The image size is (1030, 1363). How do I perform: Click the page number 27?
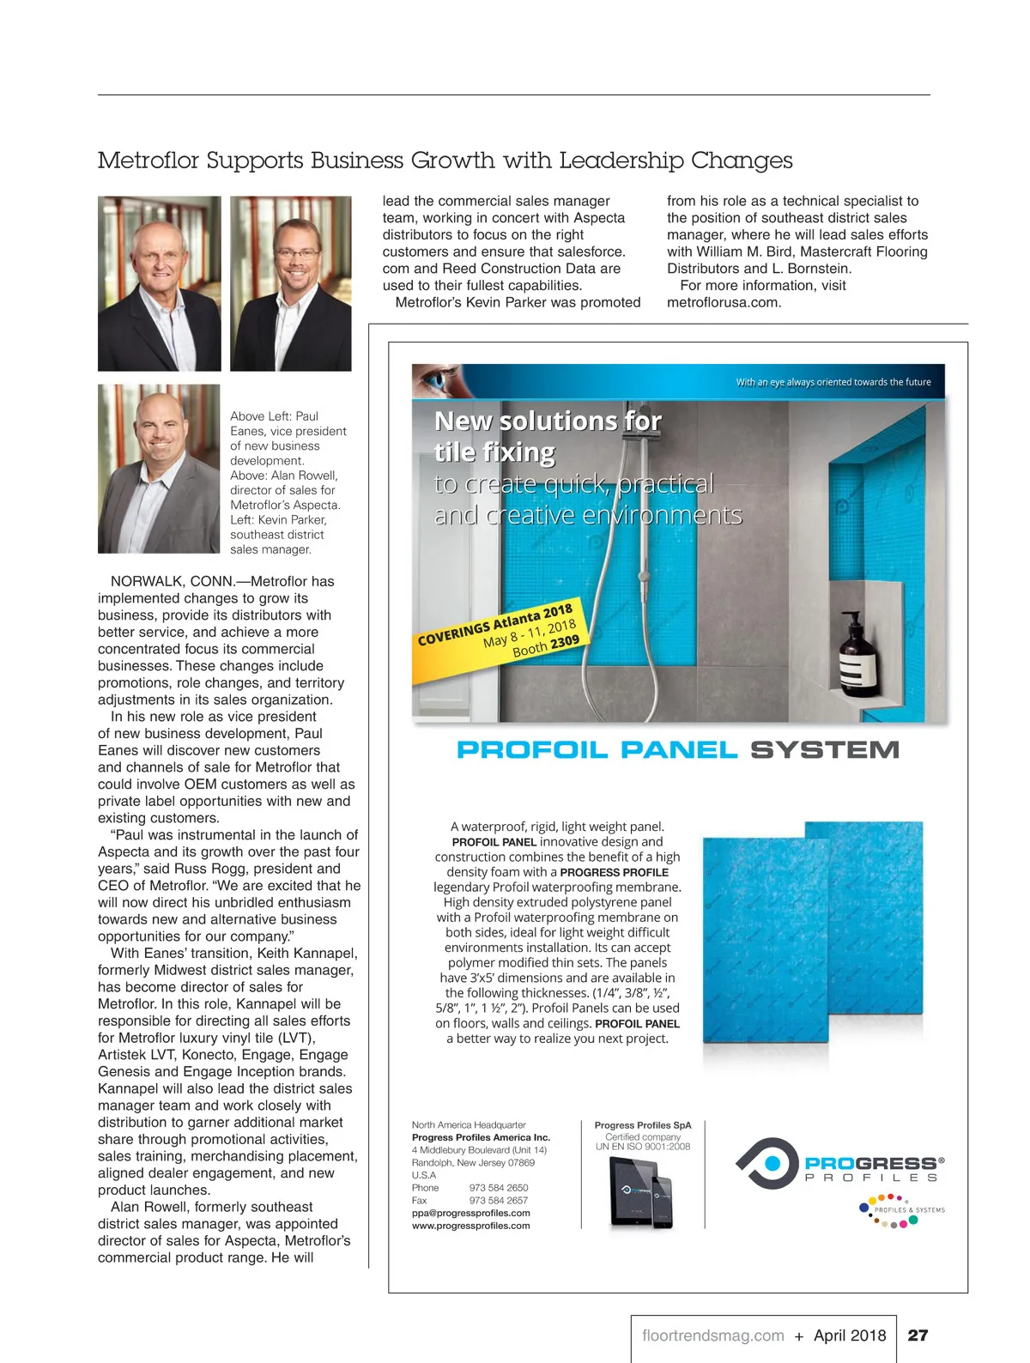tap(918, 1336)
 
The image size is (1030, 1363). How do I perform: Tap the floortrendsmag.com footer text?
tap(712, 1336)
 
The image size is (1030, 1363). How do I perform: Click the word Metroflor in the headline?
tap(148, 161)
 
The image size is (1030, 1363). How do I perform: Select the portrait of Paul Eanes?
tap(159, 283)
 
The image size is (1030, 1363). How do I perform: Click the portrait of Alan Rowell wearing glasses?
tap(291, 283)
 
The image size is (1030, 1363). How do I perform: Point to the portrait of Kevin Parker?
tap(159, 469)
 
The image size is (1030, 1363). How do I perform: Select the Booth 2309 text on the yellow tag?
tap(545, 646)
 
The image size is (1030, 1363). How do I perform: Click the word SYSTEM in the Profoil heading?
tap(824, 750)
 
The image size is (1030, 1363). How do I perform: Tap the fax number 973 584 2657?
tap(499, 1200)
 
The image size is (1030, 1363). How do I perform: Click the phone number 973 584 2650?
tap(499, 1188)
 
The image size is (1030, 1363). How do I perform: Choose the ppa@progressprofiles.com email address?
tap(470, 1213)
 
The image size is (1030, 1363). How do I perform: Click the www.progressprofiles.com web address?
tap(470, 1226)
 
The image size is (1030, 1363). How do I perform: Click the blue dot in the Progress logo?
tap(772, 1163)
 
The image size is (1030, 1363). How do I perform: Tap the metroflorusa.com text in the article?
tap(724, 302)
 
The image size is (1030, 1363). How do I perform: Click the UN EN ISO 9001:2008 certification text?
tap(642, 1147)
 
